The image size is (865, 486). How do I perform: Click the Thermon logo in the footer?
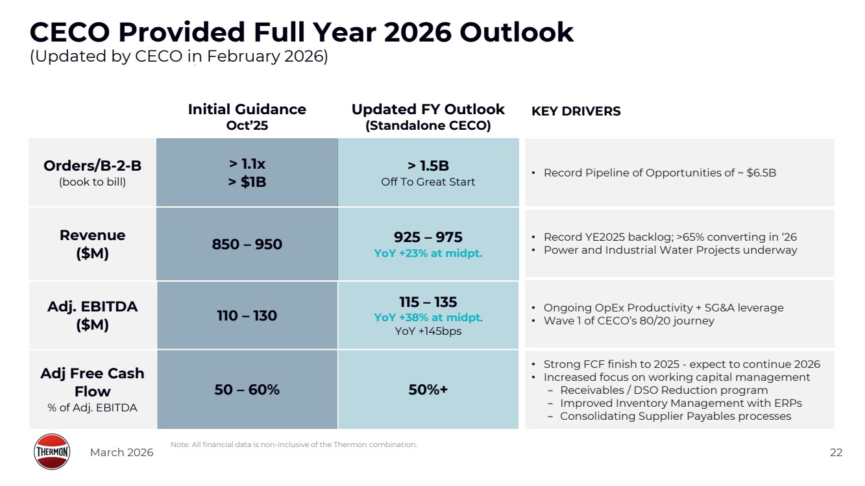[x=52, y=452]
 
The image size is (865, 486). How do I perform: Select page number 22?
[x=836, y=453]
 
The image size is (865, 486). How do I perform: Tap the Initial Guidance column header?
[x=247, y=117]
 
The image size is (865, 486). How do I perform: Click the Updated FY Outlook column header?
[x=428, y=117]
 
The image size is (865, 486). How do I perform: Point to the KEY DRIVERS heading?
[x=576, y=112]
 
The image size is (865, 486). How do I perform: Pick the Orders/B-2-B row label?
[x=92, y=173]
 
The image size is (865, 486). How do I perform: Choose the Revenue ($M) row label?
[x=92, y=244]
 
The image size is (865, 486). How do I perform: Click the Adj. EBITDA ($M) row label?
[x=92, y=315]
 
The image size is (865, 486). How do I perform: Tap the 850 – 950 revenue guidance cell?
[x=247, y=245]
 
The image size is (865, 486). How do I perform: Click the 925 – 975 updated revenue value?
[x=428, y=237]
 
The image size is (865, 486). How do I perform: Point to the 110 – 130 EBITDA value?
[x=247, y=316]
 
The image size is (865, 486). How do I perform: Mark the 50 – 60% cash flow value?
[x=247, y=390]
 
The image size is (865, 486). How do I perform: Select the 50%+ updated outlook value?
[x=428, y=390]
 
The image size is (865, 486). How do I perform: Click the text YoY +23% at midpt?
[x=428, y=254]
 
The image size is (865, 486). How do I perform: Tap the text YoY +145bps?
[x=428, y=332]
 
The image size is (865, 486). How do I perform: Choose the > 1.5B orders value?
[x=428, y=166]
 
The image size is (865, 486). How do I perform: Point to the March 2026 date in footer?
[x=121, y=453]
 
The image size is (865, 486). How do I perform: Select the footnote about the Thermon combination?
[x=293, y=444]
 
